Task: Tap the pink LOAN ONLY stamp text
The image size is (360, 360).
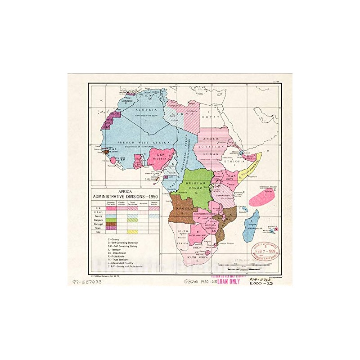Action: click(229, 282)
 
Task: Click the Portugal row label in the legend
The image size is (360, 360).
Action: click(97, 224)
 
